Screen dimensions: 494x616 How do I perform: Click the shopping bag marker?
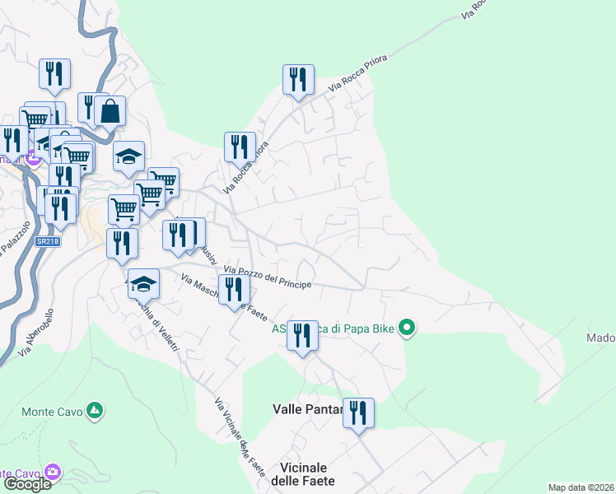(x=110, y=110)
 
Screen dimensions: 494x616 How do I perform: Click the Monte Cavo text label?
(x=49, y=412)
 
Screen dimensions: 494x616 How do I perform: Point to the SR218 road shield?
(x=48, y=241)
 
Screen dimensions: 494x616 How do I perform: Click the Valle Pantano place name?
(x=306, y=408)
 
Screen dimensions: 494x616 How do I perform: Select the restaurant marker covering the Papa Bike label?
(x=302, y=334)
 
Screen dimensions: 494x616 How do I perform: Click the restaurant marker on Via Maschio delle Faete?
(x=234, y=289)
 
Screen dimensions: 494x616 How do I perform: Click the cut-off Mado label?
(x=600, y=338)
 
